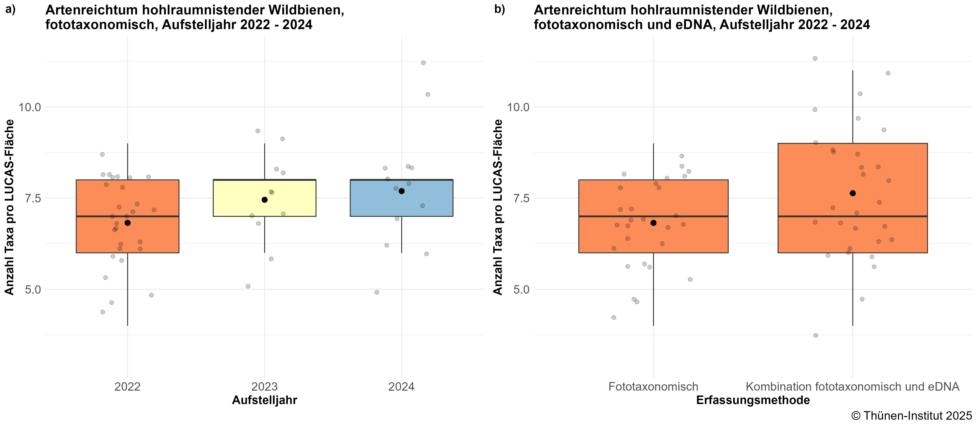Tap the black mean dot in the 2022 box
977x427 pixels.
tap(127, 223)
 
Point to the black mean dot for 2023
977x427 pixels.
tap(264, 200)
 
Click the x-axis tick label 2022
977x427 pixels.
tap(127, 387)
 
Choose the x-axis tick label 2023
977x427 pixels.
tap(264, 387)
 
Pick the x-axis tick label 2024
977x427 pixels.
tap(401, 387)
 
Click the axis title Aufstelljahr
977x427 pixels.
tap(264, 400)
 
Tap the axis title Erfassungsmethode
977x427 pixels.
tap(753, 400)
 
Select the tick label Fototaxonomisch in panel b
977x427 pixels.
tap(653, 387)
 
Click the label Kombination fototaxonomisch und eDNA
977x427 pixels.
tap(852, 387)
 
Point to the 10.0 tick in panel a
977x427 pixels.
tap(30, 107)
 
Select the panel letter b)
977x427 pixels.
tap(499, 10)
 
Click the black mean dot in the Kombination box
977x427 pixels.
tap(853, 193)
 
